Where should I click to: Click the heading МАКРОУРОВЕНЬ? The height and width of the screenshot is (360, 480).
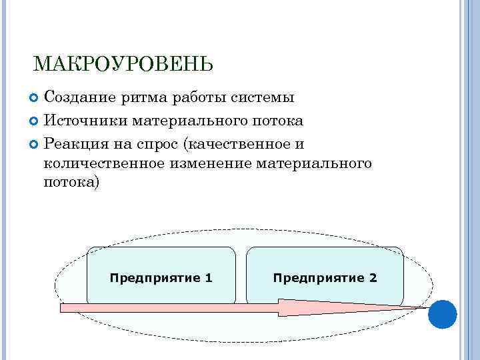click(x=123, y=64)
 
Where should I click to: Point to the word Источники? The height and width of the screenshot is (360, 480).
click(x=85, y=121)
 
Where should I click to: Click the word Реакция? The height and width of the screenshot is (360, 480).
click(x=75, y=144)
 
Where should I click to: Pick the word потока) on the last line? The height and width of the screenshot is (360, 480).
click(x=72, y=182)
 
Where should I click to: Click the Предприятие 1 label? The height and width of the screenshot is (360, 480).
click(x=161, y=277)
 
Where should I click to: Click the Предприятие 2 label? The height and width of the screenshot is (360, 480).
click(x=325, y=277)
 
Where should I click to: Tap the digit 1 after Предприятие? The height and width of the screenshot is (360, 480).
click(x=209, y=277)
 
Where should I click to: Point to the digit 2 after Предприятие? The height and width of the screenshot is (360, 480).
click(x=373, y=277)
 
